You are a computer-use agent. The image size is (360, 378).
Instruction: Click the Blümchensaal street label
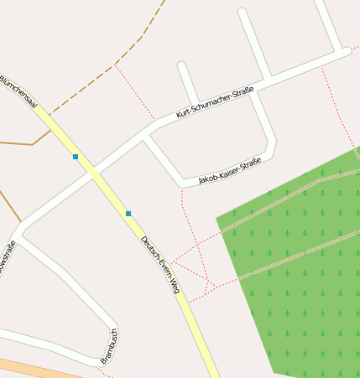tap(18, 91)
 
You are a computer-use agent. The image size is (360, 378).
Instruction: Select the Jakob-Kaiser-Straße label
tap(230, 170)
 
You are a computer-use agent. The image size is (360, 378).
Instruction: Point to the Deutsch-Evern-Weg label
tap(160, 264)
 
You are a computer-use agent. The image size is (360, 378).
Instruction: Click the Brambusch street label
tap(109, 345)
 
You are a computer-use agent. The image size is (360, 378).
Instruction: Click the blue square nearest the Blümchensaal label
tap(76, 157)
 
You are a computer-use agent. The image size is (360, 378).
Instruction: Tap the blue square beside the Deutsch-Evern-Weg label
tap(128, 214)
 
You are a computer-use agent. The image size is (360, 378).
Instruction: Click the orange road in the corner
tap(34, 369)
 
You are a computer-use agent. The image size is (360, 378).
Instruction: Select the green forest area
tap(302, 277)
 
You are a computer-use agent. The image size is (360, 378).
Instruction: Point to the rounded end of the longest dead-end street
tap(243, 13)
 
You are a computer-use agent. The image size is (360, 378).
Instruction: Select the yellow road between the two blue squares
tap(102, 185)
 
